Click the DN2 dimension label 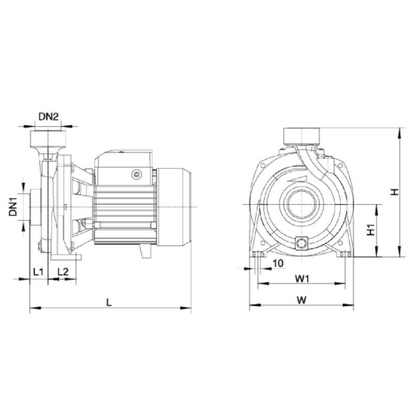[49, 117]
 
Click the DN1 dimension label [13, 207]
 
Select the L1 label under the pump [38, 272]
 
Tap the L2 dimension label [63, 272]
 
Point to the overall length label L [109, 303]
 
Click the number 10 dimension [278, 263]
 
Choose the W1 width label [302, 279]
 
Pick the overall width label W [302, 300]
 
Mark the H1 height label [371, 230]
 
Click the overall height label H [394, 192]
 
